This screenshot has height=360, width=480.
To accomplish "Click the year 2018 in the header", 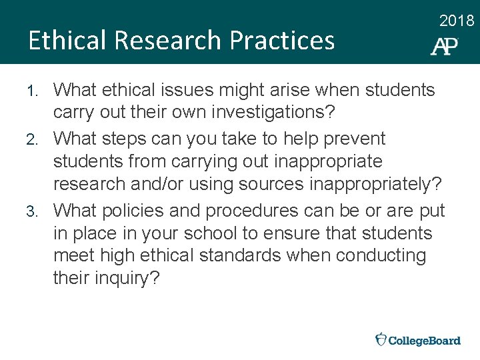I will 457,21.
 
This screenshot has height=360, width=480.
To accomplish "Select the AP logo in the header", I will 444,45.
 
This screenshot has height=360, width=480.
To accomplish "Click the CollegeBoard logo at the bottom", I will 418,340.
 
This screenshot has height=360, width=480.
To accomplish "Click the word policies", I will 134,211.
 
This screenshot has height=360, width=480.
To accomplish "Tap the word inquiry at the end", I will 123,279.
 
